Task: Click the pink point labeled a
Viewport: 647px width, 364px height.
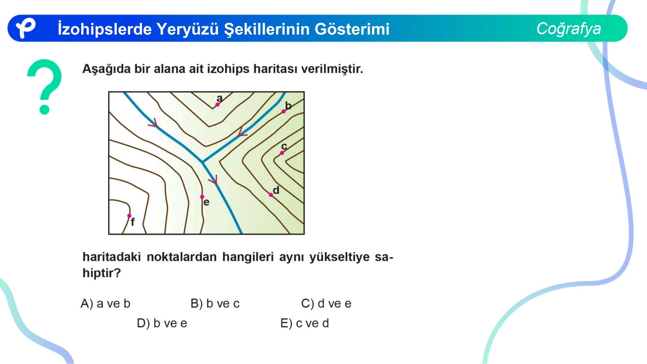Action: coord(217,105)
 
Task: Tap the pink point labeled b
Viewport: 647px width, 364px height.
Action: coord(283,112)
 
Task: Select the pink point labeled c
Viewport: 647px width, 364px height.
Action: coord(282,153)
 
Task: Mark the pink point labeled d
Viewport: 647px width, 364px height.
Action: coord(271,195)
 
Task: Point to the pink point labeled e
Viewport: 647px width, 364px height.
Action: coord(202,197)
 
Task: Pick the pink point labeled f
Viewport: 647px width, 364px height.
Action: coord(129,216)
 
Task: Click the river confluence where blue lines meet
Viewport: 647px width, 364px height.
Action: coord(202,162)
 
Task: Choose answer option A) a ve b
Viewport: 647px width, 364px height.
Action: coord(105,304)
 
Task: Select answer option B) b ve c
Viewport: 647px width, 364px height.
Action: coord(215,304)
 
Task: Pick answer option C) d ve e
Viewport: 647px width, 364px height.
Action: coord(326,304)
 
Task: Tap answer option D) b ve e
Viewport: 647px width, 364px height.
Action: coord(162,323)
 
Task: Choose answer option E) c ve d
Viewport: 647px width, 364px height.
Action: coord(305,323)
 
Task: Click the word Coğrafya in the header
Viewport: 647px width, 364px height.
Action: coord(568,29)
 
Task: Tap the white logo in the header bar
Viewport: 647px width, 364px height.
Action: coord(26,28)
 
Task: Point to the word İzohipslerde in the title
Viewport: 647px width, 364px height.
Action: coord(104,29)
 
